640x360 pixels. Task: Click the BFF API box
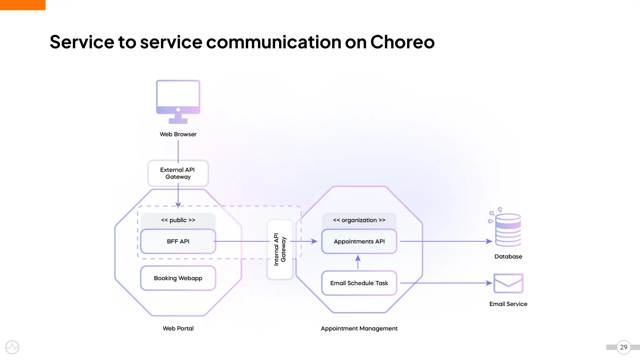pos(178,241)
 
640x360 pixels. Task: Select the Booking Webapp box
pos(178,278)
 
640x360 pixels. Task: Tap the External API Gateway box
pos(178,173)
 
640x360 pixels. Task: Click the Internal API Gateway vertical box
pos(280,249)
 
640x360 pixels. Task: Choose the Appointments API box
pos(359,241)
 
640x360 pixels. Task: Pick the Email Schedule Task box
pos(359,283)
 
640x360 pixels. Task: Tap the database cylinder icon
pos(508,230)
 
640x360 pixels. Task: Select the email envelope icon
pos(508,283)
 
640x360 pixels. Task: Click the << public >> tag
pos(178,220)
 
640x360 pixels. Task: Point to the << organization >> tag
pos(359,220)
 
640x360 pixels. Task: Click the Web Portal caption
pos(178,328)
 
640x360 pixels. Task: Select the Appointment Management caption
pos(359,328)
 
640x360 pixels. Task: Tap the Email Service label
pos(508,304)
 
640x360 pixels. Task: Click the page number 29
pos(623,347)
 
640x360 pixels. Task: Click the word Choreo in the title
pos(402,42)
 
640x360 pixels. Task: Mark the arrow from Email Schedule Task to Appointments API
pos(358,262)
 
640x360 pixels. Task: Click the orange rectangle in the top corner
pos(22,5)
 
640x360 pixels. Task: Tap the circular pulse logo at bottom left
pos(12,347)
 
